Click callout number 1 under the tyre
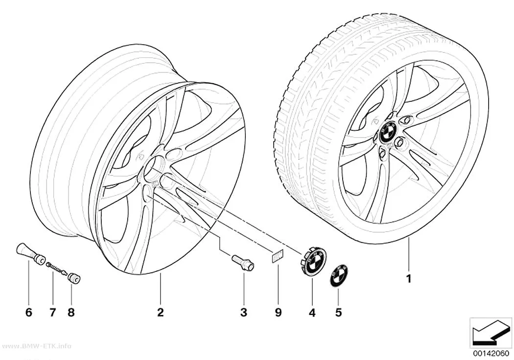point(408,279)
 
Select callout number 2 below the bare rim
point(160,312)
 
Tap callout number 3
point(244,312)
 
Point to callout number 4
point(312,313)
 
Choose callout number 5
point(338,312)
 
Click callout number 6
point(29,312)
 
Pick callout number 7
point(53,312)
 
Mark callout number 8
point(71,312)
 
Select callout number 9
point(278,312)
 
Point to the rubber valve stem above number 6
point(30,253)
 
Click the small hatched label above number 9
point(277,257)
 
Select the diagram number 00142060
point(491,353)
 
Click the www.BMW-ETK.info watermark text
point(35,346)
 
